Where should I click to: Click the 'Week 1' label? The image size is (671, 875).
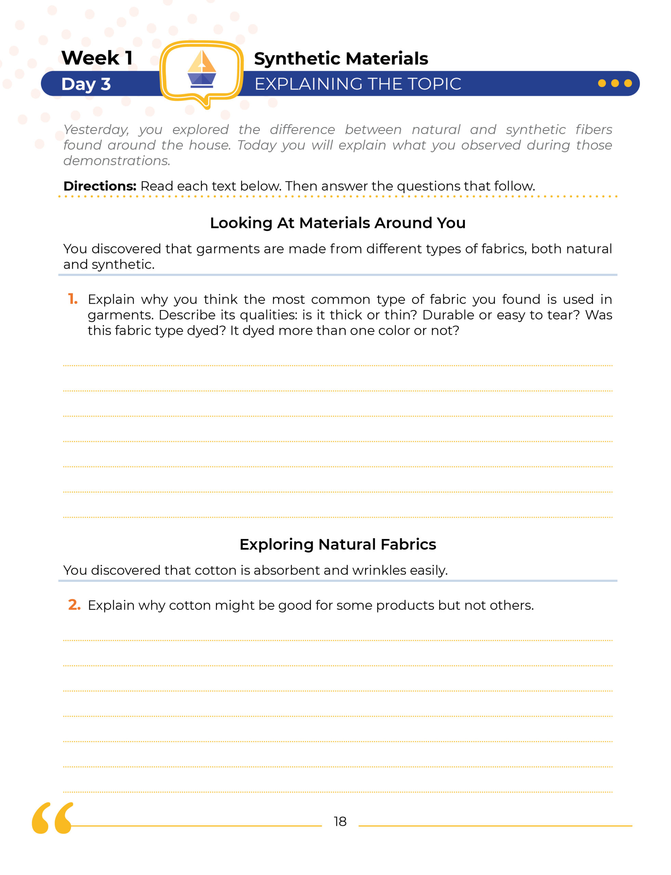(x=97, y=58)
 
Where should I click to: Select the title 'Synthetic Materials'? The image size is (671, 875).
(x=341, y=59)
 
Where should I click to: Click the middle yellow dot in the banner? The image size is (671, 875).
(x=615, y=83)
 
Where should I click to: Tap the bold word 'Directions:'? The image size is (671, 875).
(x=100, y=186)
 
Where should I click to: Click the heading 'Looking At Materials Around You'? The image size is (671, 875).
(x=337, y=223)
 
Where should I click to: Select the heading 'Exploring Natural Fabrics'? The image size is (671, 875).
(x=337, y=544)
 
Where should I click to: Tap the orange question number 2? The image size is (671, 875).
(x=74, y=605)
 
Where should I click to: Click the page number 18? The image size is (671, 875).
(x=340, y=821)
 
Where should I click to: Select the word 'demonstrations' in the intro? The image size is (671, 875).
(x=117, y=161)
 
